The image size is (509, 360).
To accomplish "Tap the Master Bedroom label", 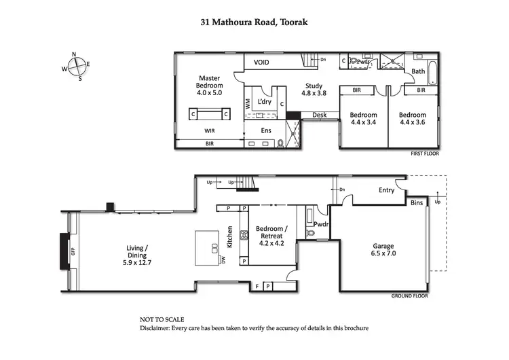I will click(210, 85).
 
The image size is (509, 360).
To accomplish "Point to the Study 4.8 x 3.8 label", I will click(314, 89).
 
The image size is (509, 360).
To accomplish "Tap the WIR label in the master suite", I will click(210, 130).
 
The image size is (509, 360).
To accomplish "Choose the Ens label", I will click(267, 130).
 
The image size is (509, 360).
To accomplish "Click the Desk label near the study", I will click(319, 115).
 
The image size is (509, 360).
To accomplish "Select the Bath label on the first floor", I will click(418, 71).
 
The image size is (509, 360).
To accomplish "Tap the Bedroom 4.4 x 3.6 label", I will click(412, 119).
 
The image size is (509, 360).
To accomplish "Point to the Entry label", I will click(386, 190).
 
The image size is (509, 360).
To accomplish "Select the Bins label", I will click(417, 202).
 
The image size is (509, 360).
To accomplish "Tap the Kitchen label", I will click(230, 236).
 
